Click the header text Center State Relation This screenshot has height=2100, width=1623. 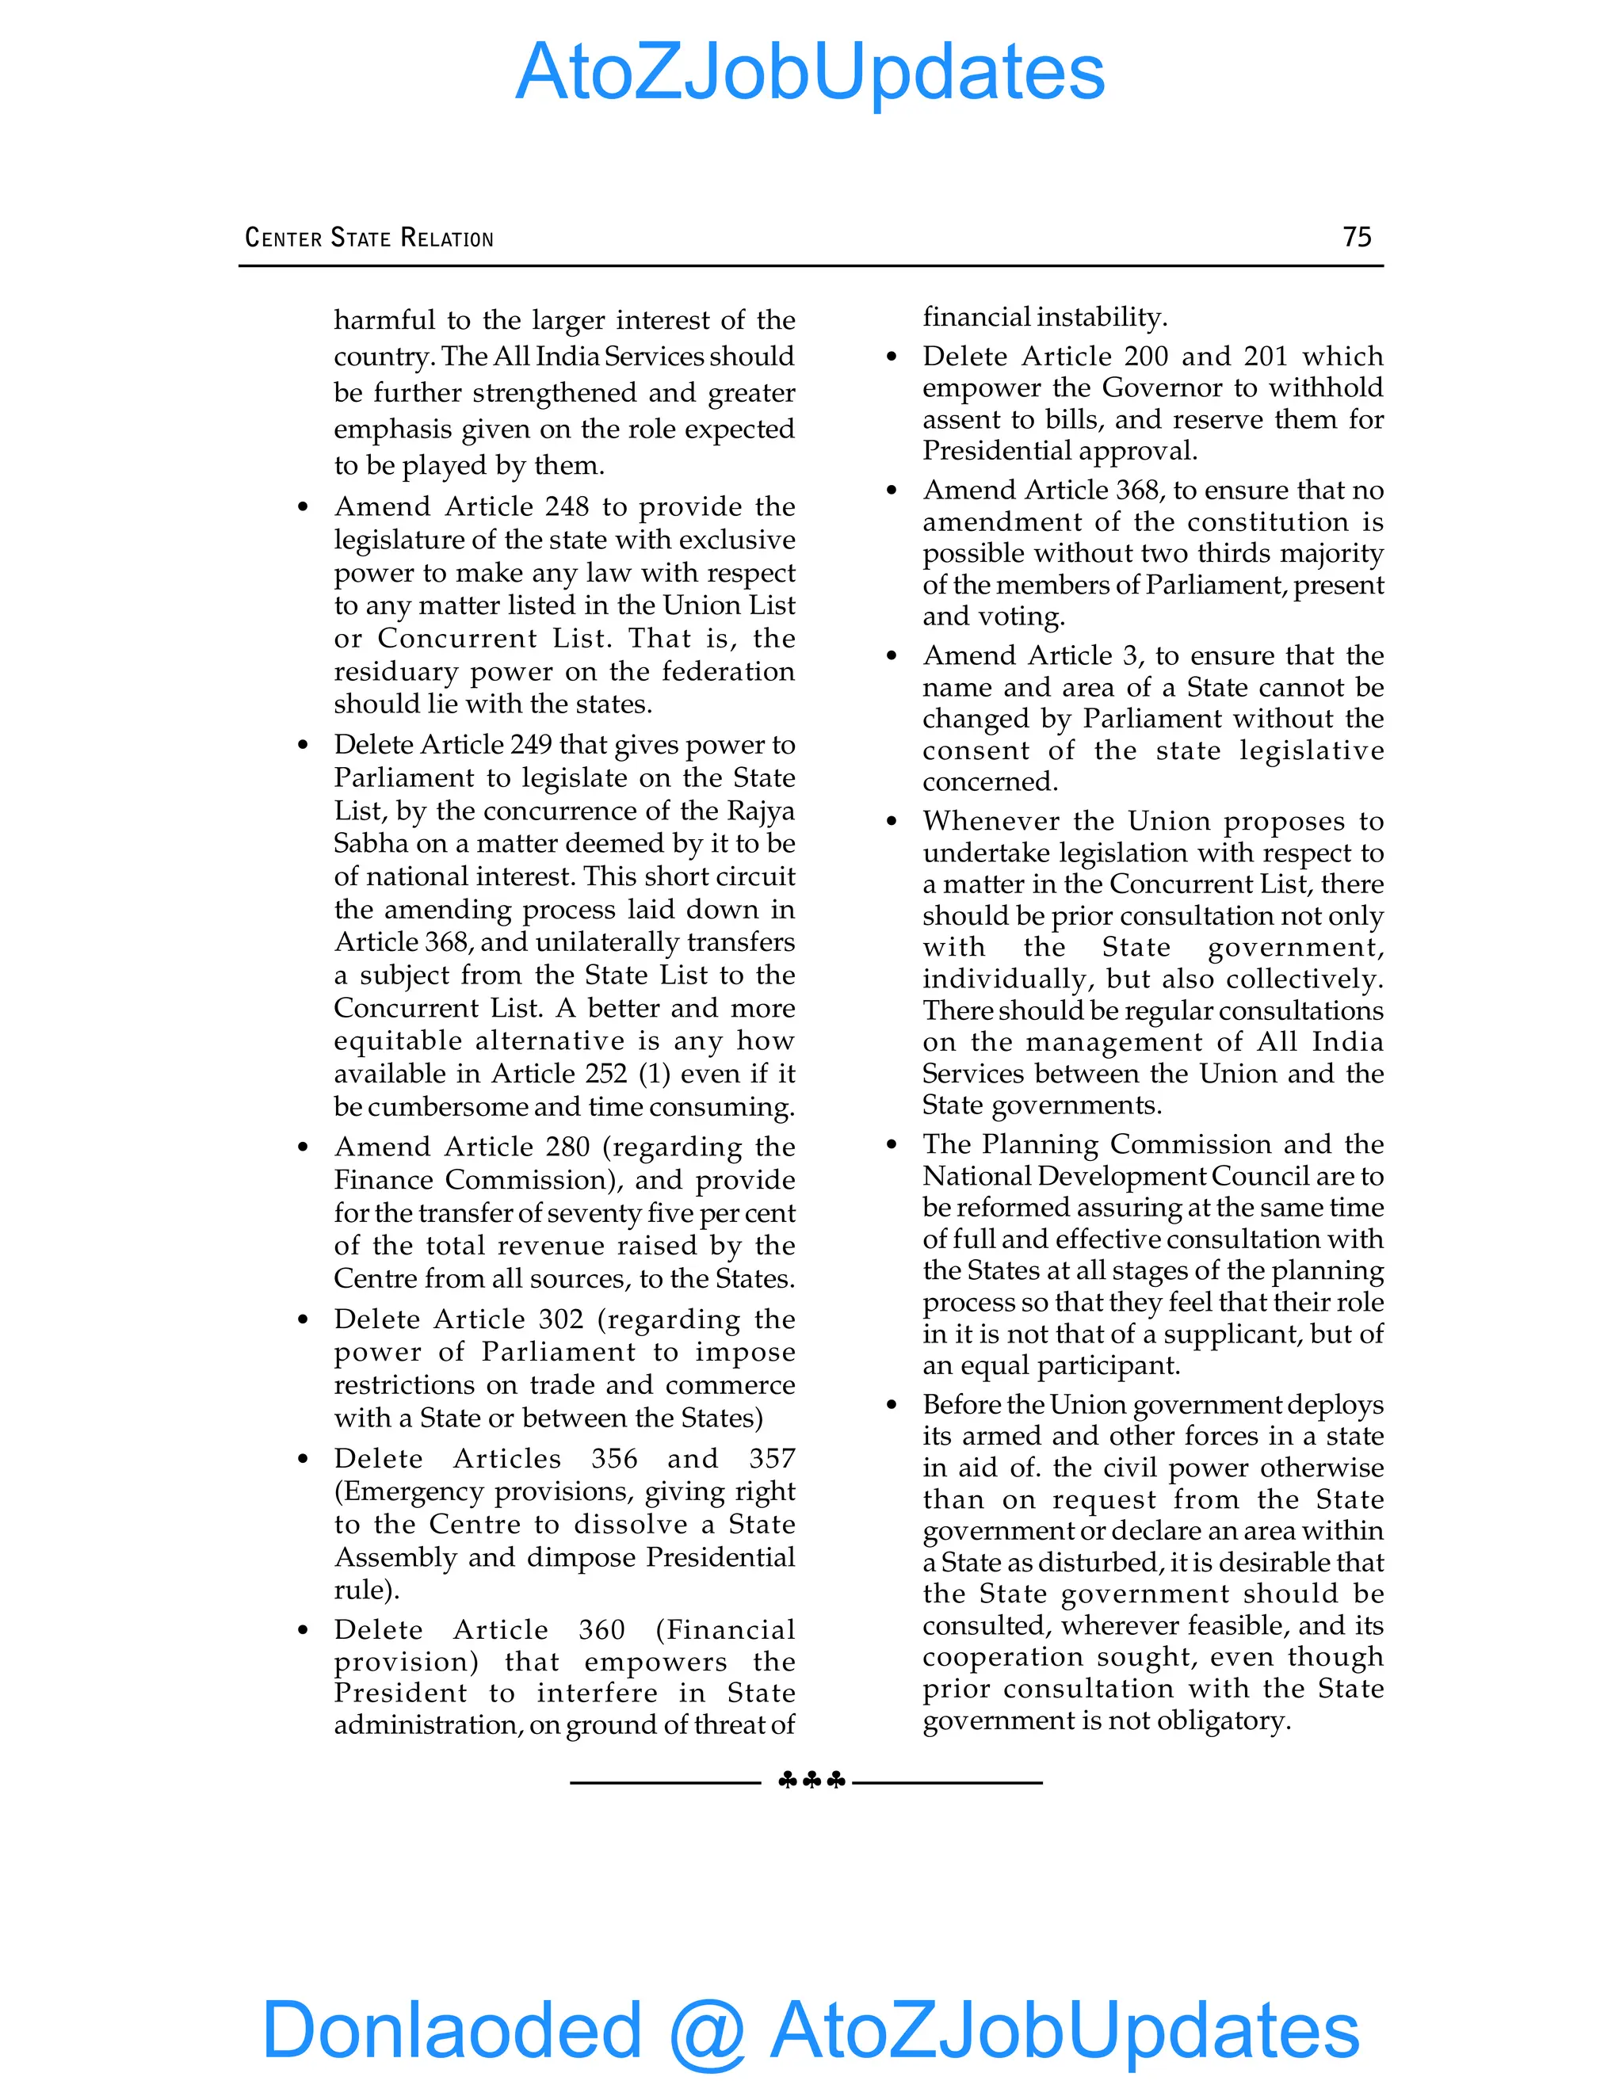tap(369, 238)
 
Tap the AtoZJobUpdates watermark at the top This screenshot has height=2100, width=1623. tap(810, 73)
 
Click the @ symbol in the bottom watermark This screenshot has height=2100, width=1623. tap(707, 2029)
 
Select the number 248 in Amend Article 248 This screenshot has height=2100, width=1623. tap(567, 506)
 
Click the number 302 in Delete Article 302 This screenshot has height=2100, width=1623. tap(560, 1319)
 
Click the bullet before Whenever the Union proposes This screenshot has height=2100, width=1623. tap(892, 822)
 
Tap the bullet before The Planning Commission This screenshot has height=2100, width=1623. tap(892, 1145)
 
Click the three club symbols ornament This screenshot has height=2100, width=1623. tap(811, 1781)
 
